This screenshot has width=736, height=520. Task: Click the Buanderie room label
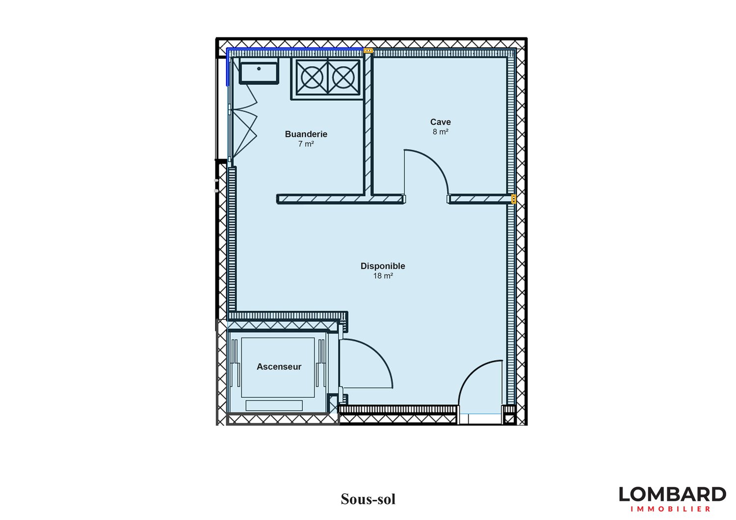point(306,134)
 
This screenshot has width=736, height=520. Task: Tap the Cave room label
point(440,122)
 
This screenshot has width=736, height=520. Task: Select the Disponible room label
point(383,266)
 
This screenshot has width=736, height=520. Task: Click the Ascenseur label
point(279,366)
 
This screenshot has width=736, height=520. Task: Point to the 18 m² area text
point(383,276)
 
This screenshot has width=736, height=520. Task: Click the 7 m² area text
point(306,144)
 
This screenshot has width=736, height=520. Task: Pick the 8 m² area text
point(440,132)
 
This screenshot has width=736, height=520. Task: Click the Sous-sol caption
point(368,499)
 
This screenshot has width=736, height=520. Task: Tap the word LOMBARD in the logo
point(672,494)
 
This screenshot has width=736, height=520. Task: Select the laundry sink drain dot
point(259,69)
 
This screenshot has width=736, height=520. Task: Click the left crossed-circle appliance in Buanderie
point(312,78)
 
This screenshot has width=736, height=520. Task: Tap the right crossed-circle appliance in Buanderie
point(343,78)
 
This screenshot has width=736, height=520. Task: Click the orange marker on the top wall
point(368,51)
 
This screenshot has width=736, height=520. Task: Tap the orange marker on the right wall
point(514,199)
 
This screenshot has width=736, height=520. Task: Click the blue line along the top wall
point(295,49)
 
